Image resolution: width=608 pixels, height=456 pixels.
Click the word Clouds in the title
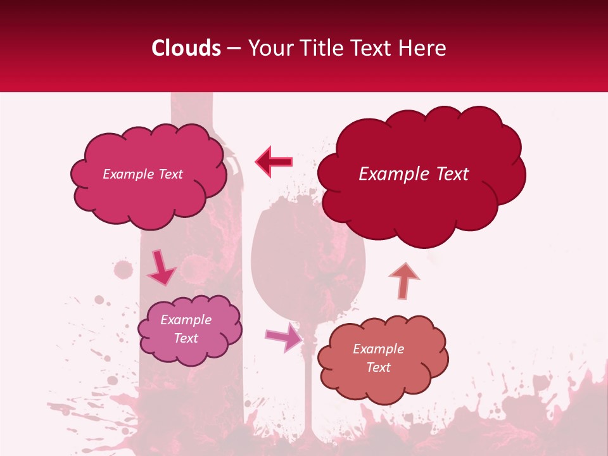187,48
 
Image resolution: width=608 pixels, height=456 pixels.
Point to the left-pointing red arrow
274,161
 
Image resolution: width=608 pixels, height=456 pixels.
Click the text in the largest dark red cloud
414,174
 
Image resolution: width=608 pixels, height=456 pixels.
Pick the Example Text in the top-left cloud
142,174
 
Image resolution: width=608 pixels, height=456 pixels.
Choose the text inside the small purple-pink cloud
186,329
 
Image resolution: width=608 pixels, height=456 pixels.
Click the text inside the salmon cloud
378,358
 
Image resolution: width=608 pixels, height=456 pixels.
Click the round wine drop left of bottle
123,269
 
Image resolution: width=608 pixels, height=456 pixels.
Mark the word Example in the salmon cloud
378,349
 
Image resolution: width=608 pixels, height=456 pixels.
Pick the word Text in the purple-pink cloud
186,338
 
